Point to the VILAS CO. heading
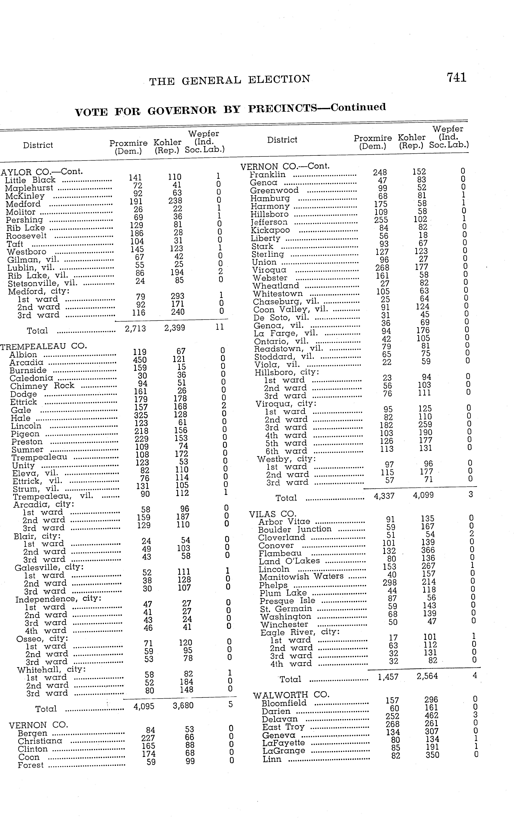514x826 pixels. coord(272,514)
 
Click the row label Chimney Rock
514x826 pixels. coord(42,386)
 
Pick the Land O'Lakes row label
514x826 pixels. coord(289,561)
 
